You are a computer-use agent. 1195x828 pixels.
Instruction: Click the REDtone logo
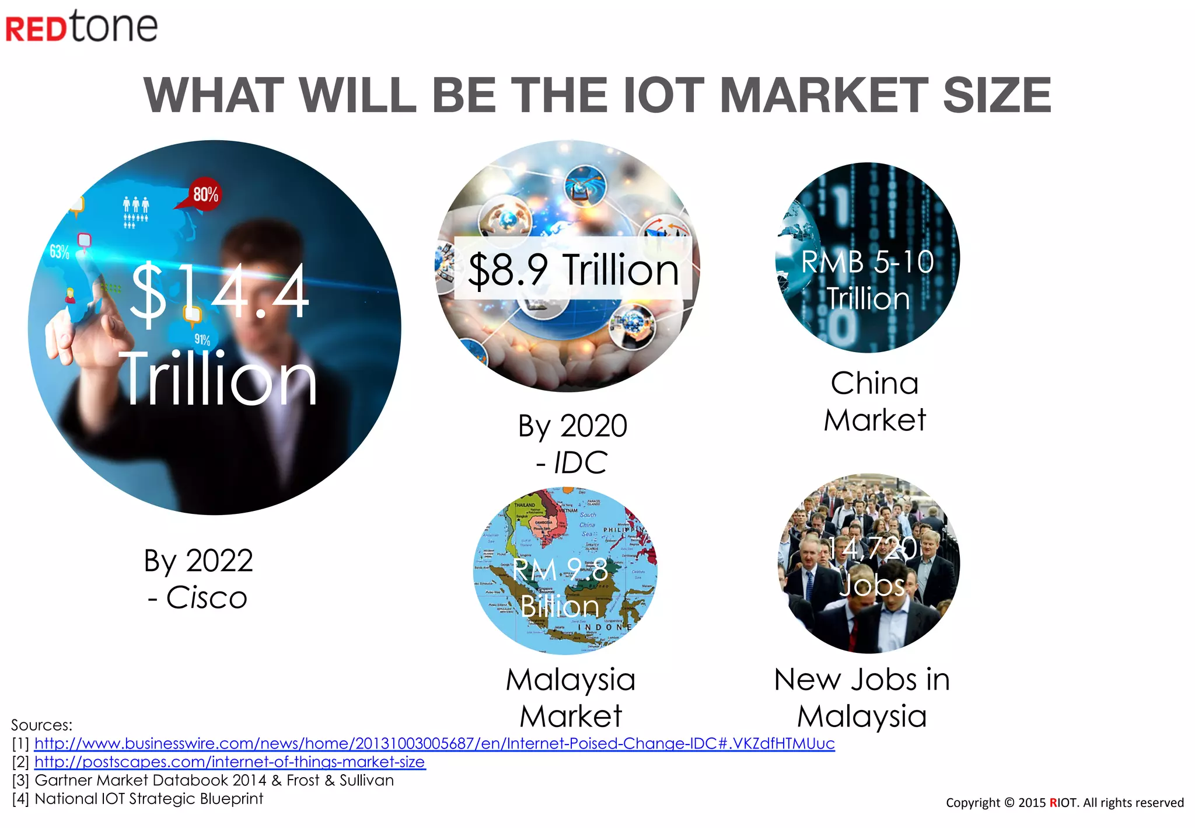pyautogui.click(x=82, y=27)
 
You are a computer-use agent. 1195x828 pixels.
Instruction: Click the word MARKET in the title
pyautogui.click(x=823, y=95)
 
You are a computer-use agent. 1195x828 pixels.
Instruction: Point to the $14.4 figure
pyautogui.click(x=219, y=292)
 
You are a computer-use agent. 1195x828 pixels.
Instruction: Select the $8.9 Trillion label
pyautogui.click(x=573, y=269)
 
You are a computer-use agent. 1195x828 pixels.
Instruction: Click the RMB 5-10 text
pyautogui.click(x=867, y=262)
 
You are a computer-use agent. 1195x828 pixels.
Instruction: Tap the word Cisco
pyautogui.click(x=207, y=597)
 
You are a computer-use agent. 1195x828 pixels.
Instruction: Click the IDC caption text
pyautogui.click(x=580, y=462)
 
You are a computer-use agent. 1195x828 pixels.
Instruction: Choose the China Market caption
pyautogui.click(x=874, y=402)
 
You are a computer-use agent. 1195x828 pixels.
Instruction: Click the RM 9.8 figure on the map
pyautogui.click(x=560, y=570)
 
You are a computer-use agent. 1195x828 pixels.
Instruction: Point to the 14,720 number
pyautogui.click(x=873, y=548)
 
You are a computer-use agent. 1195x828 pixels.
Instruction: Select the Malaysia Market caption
pyautogui.click(x=571, y=697)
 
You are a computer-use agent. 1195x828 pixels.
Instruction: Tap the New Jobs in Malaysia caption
pyautogui.click(x=862, y=697)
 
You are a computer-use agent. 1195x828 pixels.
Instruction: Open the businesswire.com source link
pyautogui.click(x=434, y=743)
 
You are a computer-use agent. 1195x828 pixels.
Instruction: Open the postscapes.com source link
pyautogui.click(x=230, y=762)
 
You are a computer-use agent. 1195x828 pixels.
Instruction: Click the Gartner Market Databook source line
pyautogui.click(x=214, y=780)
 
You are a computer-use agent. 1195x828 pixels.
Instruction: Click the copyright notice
pyautogui.click(x=1064, y=802)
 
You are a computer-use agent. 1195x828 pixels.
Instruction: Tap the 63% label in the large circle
pyautogui.click(x=59, y=252)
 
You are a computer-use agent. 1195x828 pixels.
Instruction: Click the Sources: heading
pyautogui.click(x=41, y=725)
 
